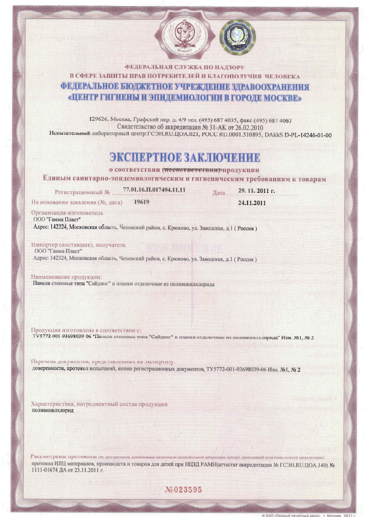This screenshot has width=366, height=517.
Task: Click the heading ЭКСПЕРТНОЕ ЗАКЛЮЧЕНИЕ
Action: point(184,158)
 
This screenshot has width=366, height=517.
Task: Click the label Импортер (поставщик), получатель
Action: point(77,245)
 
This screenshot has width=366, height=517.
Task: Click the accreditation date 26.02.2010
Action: point(236,127)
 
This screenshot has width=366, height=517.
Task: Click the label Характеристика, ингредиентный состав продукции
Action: point(99,404)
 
